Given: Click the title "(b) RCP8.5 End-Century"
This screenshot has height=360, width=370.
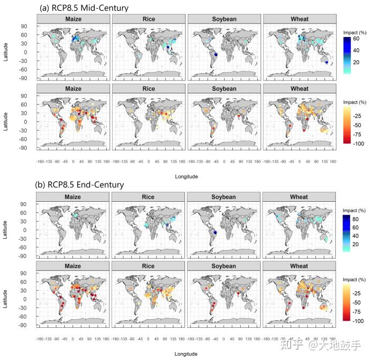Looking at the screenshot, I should tap(80, 185).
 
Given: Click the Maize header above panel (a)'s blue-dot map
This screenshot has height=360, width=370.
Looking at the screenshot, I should tap(73, 19).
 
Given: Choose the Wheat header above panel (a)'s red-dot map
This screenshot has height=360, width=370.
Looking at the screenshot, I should tap(299, 89).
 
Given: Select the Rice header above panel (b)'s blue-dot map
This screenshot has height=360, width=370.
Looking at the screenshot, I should tap(149, 197).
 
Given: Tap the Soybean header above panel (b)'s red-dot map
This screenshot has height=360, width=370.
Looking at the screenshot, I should tap(224, 266).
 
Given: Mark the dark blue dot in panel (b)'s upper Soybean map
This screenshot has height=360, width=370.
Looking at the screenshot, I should tap(214, 232).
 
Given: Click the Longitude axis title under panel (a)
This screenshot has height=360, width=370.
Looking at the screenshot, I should tap(186, 176).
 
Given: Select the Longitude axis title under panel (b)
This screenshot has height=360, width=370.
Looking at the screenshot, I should tap(186, 354).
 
